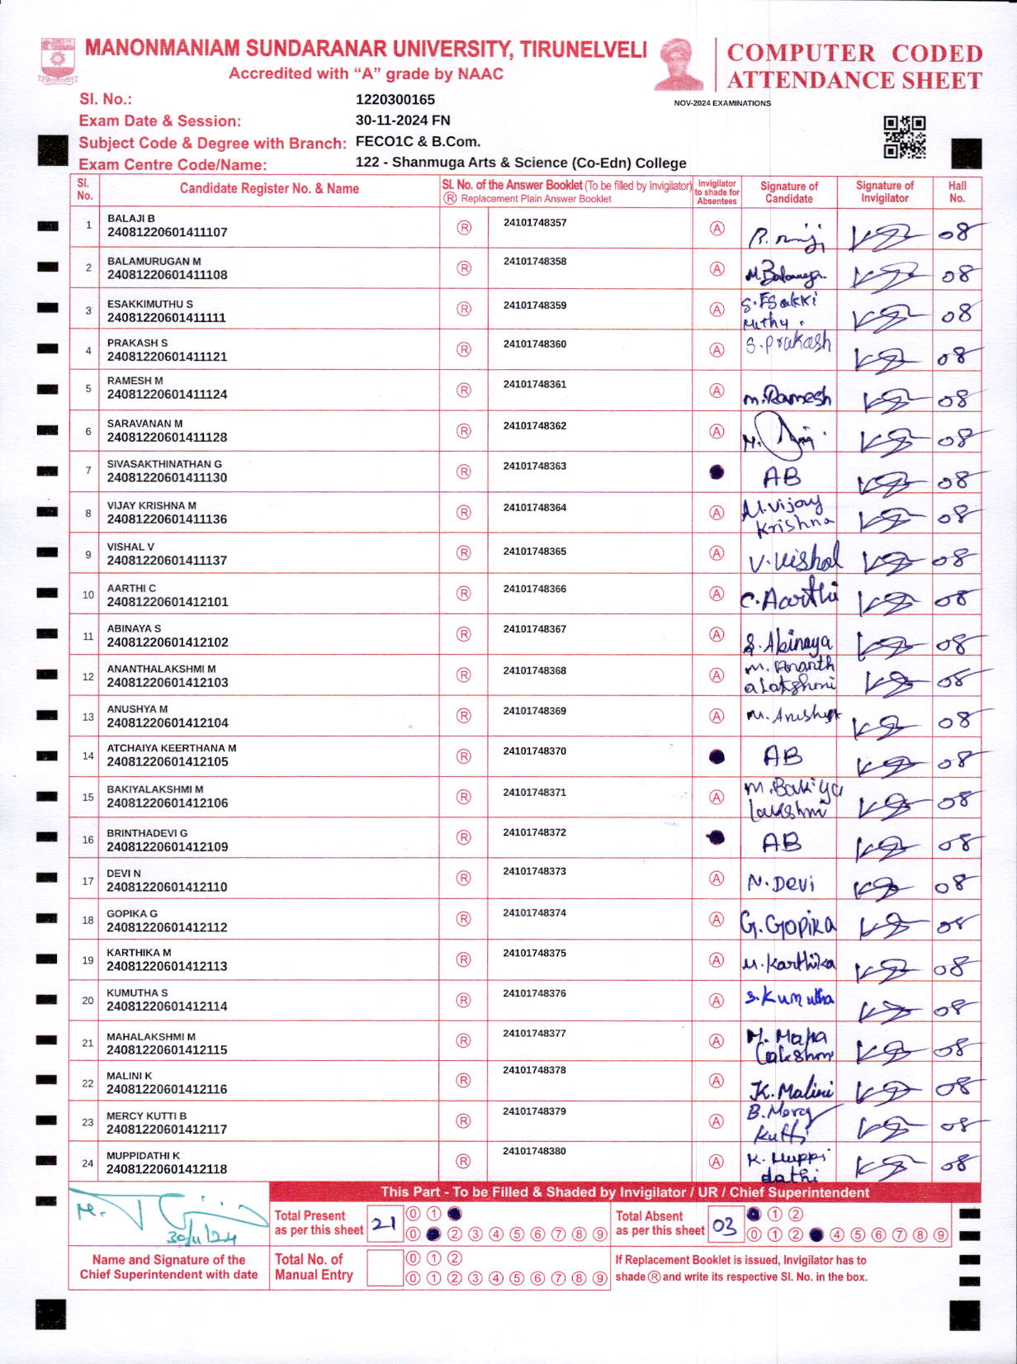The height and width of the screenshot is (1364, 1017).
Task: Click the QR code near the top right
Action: [905, 136]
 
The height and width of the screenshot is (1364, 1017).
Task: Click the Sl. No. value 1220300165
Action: [395, 100]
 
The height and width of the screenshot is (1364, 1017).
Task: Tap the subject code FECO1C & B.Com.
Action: [418, 141]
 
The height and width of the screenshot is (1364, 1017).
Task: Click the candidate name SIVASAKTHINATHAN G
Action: [164, 464]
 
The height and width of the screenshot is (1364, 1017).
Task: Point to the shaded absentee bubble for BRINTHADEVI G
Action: [717, 838]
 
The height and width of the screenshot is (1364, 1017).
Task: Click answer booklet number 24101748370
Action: [534, 751]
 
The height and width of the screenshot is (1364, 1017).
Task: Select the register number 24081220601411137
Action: [167, 561]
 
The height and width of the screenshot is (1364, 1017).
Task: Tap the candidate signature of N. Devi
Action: [781, 884]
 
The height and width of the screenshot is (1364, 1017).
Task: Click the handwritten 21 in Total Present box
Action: [384, 1224]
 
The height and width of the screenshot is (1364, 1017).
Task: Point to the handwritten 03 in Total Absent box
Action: [724, 1226]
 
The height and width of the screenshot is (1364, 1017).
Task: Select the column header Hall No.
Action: [957, 192]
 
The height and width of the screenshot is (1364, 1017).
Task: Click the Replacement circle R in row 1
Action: [464, 227]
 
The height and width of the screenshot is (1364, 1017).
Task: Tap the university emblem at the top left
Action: [58, 60]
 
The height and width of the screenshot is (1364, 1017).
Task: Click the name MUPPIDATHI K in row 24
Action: [143, 1156]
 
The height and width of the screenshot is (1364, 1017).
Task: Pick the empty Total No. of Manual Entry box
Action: [384, 1267]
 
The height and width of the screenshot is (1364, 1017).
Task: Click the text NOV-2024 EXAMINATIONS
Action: [722, 103]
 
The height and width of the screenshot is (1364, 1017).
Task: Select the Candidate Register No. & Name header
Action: [269, 189]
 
